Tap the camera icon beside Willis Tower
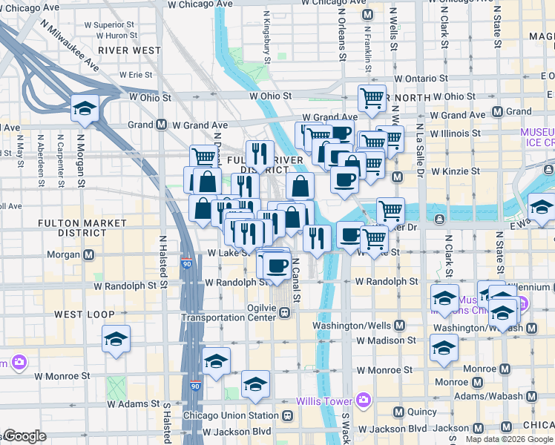coord(363,401)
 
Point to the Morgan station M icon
coord(88,254)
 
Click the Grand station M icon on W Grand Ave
coord(161,125)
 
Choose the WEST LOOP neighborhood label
coord(79,314)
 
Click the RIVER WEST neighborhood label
coord(129,50)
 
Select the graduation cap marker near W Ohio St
coord(85,108)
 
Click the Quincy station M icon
coord(398,412)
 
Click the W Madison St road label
coord(386,340)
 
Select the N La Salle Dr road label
coord(418,148)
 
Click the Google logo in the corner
coord(24,437)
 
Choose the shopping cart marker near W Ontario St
coord(371,97)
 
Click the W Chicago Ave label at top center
coord(197,4)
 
